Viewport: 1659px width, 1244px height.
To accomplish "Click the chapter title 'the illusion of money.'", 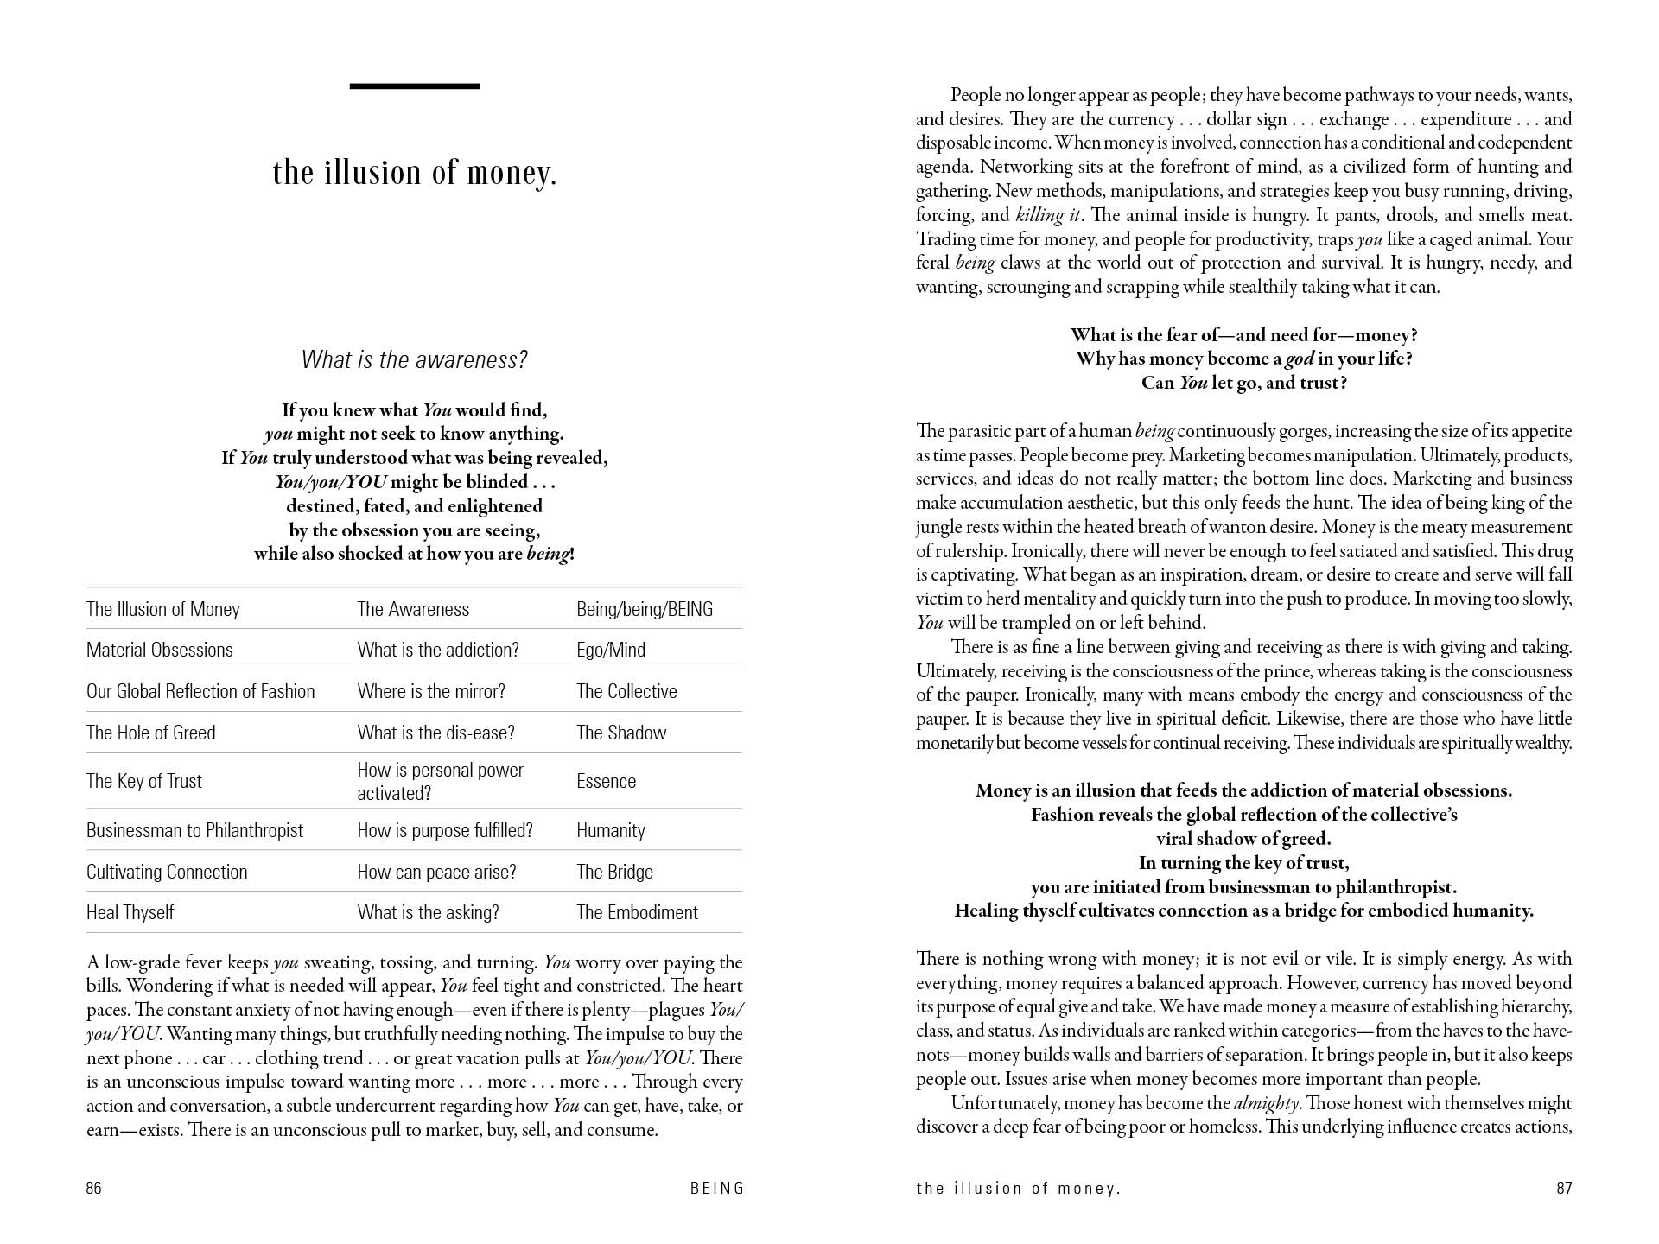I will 414,173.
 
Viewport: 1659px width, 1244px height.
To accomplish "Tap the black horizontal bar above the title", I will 414,86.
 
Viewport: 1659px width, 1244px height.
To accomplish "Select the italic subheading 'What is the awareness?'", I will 414,359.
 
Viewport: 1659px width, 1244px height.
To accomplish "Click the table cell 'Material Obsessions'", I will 160,650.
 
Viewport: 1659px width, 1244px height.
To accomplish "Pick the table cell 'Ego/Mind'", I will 611,650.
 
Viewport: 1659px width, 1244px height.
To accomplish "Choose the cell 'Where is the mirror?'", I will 431,691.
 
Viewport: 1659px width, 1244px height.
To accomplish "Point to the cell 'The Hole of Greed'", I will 151,733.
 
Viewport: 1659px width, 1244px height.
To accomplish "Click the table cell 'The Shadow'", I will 621,733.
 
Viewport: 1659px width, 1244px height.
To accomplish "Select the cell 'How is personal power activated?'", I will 441,781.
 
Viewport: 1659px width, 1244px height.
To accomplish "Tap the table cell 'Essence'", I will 606,781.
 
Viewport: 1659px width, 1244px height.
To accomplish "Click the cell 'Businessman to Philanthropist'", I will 194,830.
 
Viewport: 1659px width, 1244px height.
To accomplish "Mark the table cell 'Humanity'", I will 611,830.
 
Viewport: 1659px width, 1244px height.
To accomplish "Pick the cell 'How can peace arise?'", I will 436,872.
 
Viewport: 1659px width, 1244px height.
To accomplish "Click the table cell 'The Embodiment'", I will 637,912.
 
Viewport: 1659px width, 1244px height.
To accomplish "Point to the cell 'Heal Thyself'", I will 130,912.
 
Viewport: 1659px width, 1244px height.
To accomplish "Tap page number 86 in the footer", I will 94,1188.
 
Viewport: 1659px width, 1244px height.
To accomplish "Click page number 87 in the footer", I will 1564,1188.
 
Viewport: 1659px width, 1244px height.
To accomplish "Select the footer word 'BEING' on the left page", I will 717,1188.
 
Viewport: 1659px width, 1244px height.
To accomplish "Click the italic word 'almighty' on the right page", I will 1266,1103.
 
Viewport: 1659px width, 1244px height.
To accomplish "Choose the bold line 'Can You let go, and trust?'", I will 1243,383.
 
